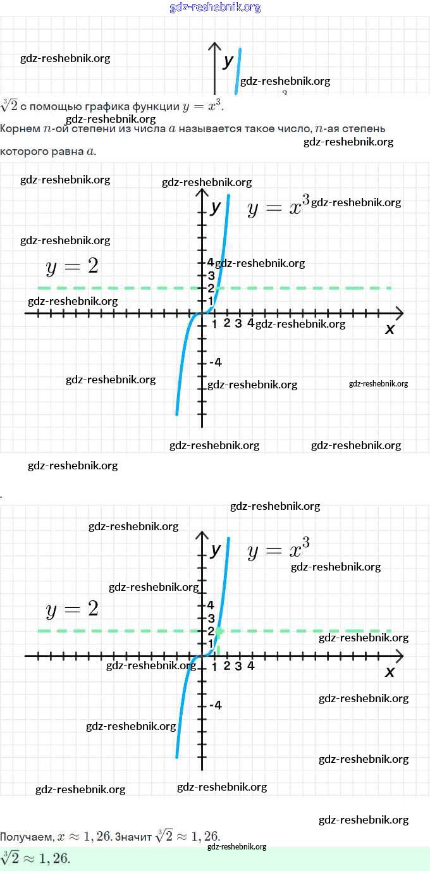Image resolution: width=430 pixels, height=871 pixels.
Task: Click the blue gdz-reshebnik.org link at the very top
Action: tap(215, 8)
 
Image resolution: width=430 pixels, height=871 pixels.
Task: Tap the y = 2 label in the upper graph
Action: tap(72, 267)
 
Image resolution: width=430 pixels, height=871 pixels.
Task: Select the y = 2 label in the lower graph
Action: tap(72, 610)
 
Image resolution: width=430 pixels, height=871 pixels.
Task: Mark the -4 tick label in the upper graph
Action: tap(216, 362)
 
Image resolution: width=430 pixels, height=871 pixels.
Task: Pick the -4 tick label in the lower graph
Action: tap(216, 705)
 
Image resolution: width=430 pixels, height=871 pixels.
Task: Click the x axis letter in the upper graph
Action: tap(390, 329)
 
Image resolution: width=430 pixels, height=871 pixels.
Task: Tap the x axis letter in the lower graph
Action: tap(390, 672)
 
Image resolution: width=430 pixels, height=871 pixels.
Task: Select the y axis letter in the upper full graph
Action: tap(216, 207)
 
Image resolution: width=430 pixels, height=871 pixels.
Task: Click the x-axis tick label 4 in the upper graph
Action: tap(250, 323)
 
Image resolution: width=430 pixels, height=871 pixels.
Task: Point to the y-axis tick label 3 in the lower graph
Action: tap(211, 618)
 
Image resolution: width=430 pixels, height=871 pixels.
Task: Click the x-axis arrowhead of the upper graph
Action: tap(400, 312)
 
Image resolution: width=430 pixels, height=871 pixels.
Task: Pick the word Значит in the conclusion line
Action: tap(133, 837)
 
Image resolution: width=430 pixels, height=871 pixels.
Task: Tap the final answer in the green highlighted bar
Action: tap(35, 858)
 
